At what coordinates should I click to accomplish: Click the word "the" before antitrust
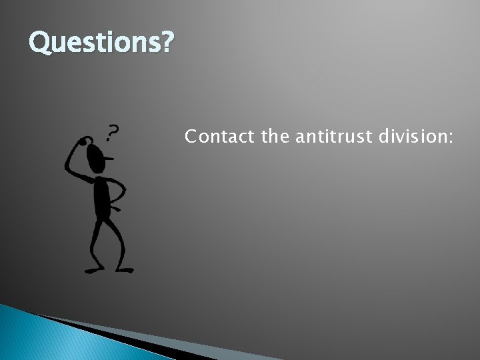(274, 137)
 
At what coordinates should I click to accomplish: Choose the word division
(412, 137)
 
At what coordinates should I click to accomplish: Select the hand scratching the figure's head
(84, 140)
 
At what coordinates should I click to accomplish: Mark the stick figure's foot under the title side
(93, 270)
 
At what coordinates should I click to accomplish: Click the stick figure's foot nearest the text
(125, 269)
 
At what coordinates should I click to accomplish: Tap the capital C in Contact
(191, 137)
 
